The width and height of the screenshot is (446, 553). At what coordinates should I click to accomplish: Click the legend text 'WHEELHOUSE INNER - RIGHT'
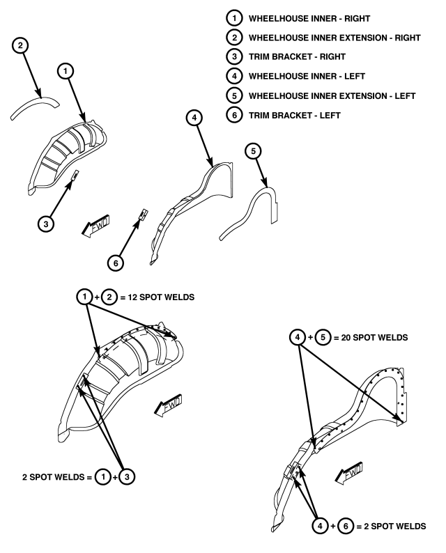tap(309, 19)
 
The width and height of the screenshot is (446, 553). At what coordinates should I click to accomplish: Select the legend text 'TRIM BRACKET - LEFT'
tap(295, 116)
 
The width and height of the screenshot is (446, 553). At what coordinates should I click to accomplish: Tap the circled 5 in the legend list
tap(234, 95)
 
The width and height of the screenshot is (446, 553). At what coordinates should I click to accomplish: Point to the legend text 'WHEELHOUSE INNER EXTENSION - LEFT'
tap(332, 96)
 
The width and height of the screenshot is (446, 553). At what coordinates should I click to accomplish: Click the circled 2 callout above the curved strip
tap(20, 45)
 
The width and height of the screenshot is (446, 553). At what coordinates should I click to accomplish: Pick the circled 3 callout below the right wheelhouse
tap(46, 224)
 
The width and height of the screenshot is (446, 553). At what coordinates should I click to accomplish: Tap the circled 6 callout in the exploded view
tap(116, 263)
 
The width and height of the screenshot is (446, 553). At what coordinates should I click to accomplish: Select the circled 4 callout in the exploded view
tap(194, 118)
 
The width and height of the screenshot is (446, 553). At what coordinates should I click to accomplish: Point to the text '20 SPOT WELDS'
tap(374, 338)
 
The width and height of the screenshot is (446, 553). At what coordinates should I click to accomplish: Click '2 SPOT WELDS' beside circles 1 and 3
tap(53, 477)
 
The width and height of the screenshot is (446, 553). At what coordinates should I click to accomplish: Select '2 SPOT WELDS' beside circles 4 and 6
tap(395, 527)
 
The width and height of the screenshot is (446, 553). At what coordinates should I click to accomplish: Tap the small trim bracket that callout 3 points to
tap(75, 175)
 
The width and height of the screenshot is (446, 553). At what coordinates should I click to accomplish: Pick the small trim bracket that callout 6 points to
tap(143, 215)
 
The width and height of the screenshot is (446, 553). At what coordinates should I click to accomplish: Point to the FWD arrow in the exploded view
tap(95, 226)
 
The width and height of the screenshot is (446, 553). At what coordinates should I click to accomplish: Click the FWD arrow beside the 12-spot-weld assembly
tap(169, 405)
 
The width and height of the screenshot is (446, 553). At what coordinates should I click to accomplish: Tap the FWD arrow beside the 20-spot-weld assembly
tap(348, 473)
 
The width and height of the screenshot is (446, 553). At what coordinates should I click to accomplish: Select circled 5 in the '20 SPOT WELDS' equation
tap(323, 338)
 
